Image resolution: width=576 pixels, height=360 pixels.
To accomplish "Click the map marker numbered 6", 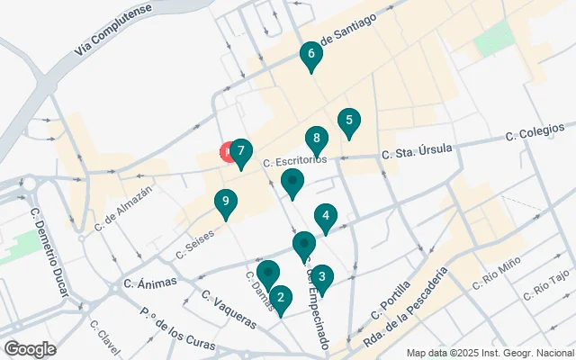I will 311,57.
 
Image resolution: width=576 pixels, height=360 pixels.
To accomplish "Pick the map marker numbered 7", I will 240,153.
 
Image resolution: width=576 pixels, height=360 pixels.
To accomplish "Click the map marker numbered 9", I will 227,203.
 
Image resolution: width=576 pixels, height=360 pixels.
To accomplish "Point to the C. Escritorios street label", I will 294,161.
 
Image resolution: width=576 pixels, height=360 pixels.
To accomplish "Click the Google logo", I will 31,348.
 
